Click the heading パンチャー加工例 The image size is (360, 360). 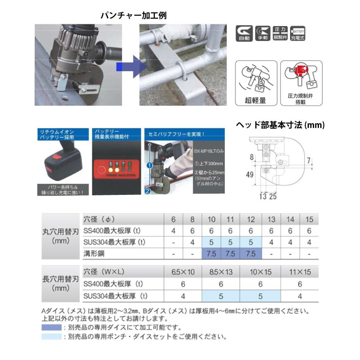click(x=133, y=15)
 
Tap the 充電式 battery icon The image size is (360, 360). click(x=298, y=34)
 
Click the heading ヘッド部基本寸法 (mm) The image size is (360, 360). click(x=280, y=125)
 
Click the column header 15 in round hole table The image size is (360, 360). click(x=309, y=219)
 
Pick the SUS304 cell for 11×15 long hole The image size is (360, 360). click(x=300, y=296)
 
